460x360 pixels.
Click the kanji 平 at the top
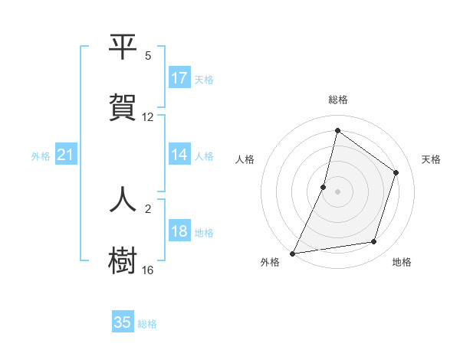(x=123, y=47)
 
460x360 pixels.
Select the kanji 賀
(x=123, y=108)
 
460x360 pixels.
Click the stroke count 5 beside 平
(x=148, y=56)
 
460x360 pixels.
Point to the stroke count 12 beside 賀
(x=148, y=117)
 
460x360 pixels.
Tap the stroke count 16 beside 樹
(x=148, y=270)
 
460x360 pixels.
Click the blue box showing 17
(x=179, y=78)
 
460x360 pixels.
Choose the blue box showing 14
(x=179, y=155)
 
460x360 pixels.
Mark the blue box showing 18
(x=179, y=232)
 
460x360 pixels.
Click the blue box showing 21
(x=65, y=155)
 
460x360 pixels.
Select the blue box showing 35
(x=123, y=322)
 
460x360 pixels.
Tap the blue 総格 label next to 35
(x=147, y=324)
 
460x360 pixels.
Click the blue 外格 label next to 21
(x=41, y=156)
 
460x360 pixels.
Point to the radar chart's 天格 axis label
(x=431, y=159)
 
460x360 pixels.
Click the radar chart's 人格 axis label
(x=245, y=159)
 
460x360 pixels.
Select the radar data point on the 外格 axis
(x=292, y=253)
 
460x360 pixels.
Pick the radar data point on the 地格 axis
(x=374, y=242)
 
